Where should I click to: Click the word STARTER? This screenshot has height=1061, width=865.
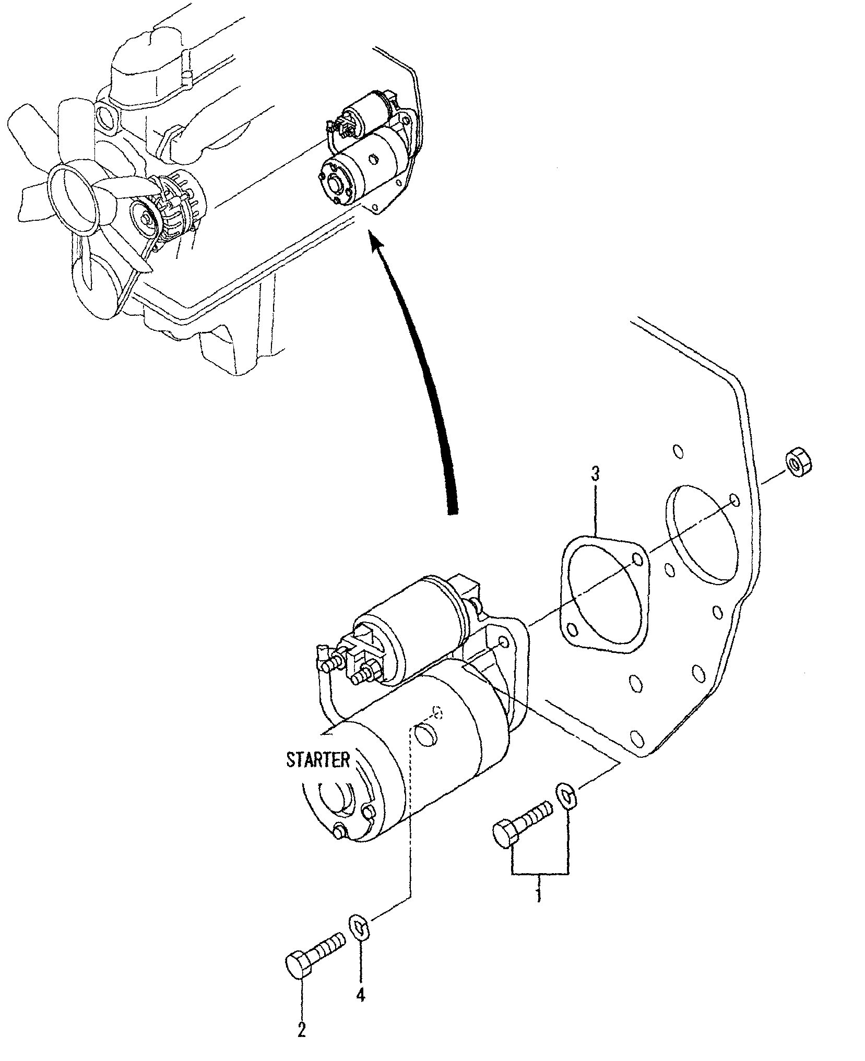318,759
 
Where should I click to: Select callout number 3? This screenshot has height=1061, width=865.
595,474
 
